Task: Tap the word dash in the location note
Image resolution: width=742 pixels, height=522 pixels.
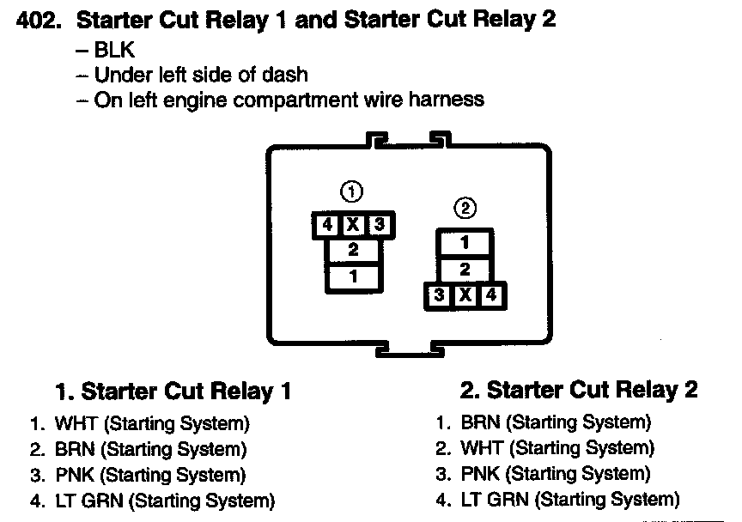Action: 287,75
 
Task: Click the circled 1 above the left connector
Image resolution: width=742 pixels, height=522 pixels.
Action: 352,191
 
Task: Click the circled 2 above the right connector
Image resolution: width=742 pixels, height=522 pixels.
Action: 465,208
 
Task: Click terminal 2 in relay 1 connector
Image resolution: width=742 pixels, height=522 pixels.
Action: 353,252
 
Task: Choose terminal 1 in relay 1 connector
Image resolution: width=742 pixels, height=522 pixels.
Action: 353,277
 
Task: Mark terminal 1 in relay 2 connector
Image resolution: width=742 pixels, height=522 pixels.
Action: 465,243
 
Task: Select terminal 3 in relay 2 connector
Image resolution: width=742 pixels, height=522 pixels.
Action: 439,295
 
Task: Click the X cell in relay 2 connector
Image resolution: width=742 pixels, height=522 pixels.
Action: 465,295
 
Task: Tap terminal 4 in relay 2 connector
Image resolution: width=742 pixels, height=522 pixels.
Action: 492,295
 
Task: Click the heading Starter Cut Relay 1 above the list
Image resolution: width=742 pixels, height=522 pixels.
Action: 173,392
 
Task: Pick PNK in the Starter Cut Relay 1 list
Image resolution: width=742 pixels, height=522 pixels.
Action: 71,475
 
